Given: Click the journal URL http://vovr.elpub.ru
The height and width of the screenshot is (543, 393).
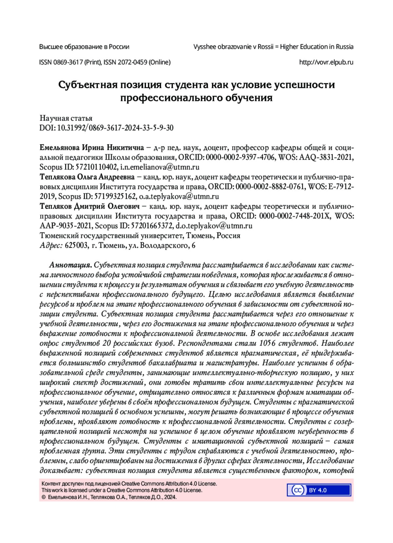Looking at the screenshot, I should click(x=326, y=62).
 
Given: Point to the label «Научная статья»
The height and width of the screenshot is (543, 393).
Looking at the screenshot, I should click(x=66, y=118).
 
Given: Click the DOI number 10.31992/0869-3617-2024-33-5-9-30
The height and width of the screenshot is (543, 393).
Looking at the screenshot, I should click(x=115, y=128).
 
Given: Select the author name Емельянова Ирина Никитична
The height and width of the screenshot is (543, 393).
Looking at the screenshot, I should click(x=92, y=148).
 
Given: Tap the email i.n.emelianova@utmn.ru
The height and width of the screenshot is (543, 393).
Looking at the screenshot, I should click(x=160, y=167).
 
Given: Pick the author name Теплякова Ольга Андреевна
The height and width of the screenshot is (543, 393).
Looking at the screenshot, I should click(x=87, y=177).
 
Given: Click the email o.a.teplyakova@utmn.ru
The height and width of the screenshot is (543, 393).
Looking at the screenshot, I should click(x=179, y=197).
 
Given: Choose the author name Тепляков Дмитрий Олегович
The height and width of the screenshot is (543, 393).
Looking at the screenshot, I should click(x=90, y=207).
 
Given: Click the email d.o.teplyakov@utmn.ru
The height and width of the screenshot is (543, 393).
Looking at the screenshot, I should click(x=214, y=226).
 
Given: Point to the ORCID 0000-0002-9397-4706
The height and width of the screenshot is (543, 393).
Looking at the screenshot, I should click(x=240, y=158).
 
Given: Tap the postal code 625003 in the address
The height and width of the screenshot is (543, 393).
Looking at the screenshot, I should click(x=76, y=246).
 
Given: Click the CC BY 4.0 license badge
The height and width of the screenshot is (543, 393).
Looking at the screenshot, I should click(x=319, y=490).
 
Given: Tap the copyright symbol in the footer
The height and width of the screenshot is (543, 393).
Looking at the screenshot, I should click(x=44, y=497).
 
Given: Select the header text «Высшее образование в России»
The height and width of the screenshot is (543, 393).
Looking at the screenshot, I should click(x=84, y=47).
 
